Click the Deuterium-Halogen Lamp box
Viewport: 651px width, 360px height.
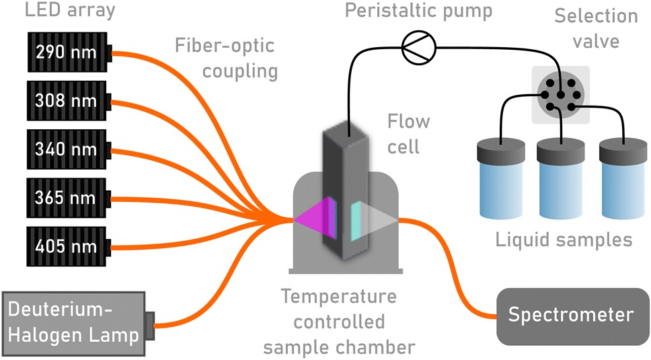tap(79, 324)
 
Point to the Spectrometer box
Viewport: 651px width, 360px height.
tap(573, 316)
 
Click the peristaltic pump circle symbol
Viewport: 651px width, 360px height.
tap(419, 47)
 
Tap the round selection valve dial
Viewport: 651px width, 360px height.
tap(560, 95)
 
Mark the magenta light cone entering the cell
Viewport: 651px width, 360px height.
tap(315, 218)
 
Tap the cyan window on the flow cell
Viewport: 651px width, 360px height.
tap(356, 221)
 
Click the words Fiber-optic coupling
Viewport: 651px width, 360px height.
tap(226, 58)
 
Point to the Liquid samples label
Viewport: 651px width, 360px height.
tap(564, 240)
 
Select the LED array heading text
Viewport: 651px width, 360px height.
tap(70, 10)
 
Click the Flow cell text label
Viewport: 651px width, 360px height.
tap(408, 134)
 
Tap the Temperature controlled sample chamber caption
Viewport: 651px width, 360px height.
tap(339, 322)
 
